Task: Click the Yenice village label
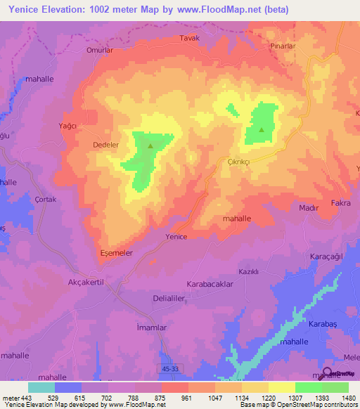coord(176,237)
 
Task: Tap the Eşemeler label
coord(117,252)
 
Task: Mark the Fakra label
coord(340,202)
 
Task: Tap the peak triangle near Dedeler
coord(150,146)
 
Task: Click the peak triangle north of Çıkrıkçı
coord(262,129)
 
